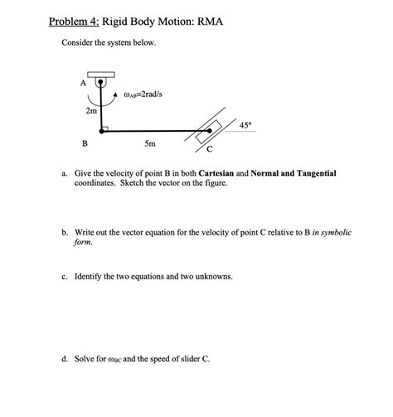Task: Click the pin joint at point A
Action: [x=100, y=82]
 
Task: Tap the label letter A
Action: [x=83, y=83]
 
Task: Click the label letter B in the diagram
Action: [x=85, y=143]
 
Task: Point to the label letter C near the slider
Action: [x=210, y=149]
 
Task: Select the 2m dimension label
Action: [x=91, y=111]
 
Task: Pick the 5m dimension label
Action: [x=150, y=143]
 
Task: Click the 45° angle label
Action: [x=245, y=125]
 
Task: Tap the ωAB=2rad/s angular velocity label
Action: [x=143, y=95]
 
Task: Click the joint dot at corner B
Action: [x=102, y=131]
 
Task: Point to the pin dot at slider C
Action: [x=210, y=131]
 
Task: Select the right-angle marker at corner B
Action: [x=105, y=128]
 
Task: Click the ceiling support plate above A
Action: [x=101, y=75]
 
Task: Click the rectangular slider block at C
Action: [x=209, y=132]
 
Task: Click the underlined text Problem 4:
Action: [x=74, y=22]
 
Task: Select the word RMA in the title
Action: [x=210, y=22]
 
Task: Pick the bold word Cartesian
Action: [x=216, y=173]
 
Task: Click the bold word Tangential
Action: [x=317, y=174]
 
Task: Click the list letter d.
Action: [x=65, y=359]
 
